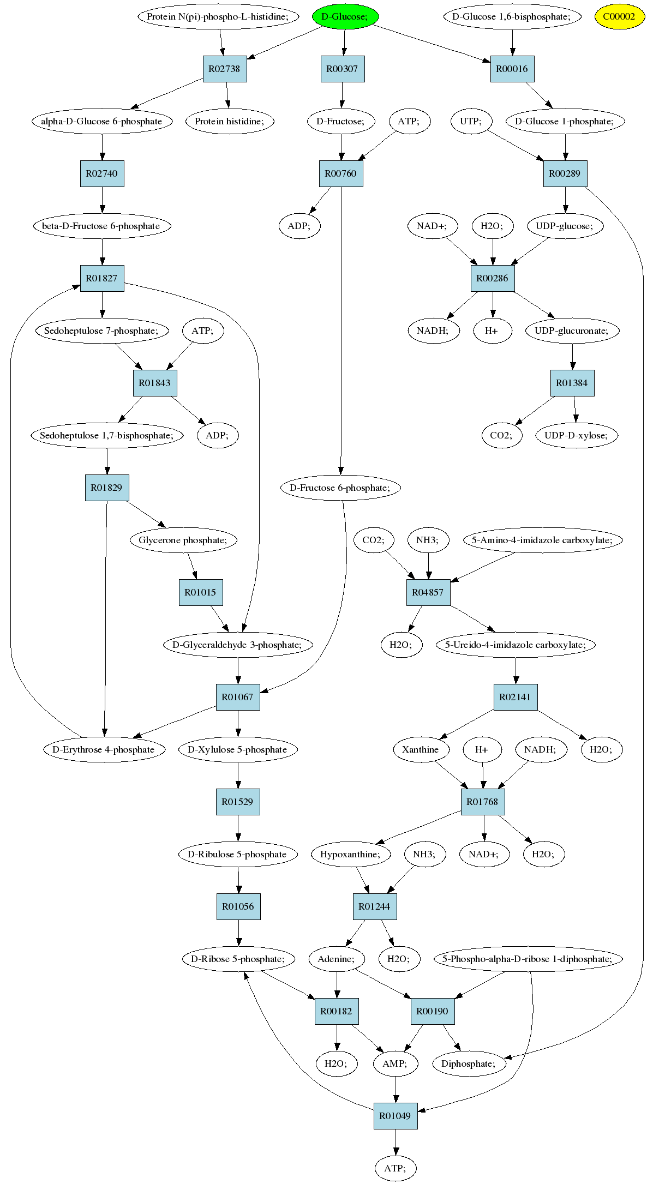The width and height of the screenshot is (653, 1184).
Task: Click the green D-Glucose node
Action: (x=345, y=16)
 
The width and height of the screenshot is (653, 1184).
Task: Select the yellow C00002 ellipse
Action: (x=619, y=16)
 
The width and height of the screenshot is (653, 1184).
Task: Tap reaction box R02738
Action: (x=225, y=69)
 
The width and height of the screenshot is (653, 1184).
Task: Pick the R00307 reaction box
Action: (x=343, y=69)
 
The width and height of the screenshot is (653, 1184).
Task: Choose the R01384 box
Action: (x=572, y=383)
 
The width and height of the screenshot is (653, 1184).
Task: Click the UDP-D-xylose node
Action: (x=576, y=435)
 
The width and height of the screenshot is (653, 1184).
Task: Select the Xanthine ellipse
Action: (x=421, y=749)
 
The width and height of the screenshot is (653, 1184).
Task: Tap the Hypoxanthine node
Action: (x=350, y=854)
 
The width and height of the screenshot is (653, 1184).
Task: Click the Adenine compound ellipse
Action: (x=336, y=959)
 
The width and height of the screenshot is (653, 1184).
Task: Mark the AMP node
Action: (x=395, y=1063)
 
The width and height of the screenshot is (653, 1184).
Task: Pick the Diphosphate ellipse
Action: (x=469, y=1063)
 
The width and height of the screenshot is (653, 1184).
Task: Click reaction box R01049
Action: (x=396, y=1116)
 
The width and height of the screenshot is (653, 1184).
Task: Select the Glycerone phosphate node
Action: (x=183, y=540)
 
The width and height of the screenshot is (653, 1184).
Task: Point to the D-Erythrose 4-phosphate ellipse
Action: (x=104, y=749)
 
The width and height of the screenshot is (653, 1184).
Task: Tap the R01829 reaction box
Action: (x=107, y=488)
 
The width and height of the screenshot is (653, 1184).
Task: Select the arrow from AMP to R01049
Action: (x=396, y=1090)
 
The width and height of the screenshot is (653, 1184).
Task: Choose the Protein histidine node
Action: (x=229, y=121)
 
